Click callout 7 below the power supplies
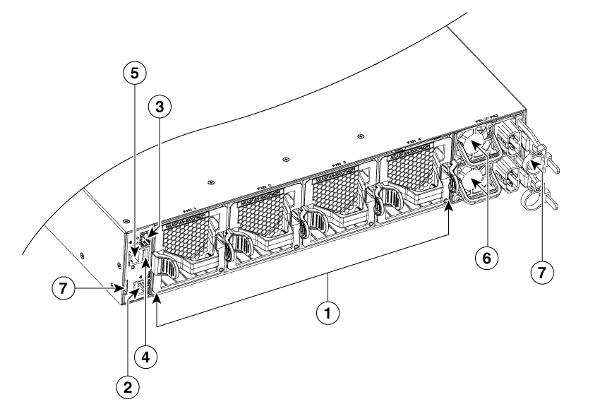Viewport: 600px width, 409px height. [x=541, y=271]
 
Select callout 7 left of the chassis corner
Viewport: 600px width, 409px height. [x=64, y=289]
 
